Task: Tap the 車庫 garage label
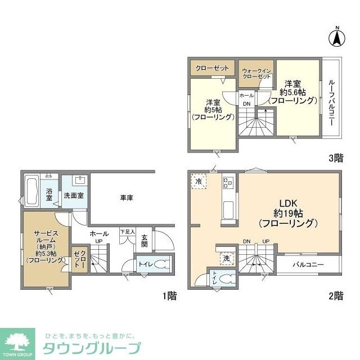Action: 126,197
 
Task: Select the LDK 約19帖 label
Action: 289,213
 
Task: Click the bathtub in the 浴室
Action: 32,190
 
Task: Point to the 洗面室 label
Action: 73,196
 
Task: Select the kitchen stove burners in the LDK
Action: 229,182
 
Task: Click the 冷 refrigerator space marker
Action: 199,181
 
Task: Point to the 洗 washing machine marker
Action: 226,258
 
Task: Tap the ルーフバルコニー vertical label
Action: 331,102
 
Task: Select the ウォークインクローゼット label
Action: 256,73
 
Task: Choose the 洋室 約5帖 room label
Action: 212,110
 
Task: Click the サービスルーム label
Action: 43,242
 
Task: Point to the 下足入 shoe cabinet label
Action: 128,232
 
